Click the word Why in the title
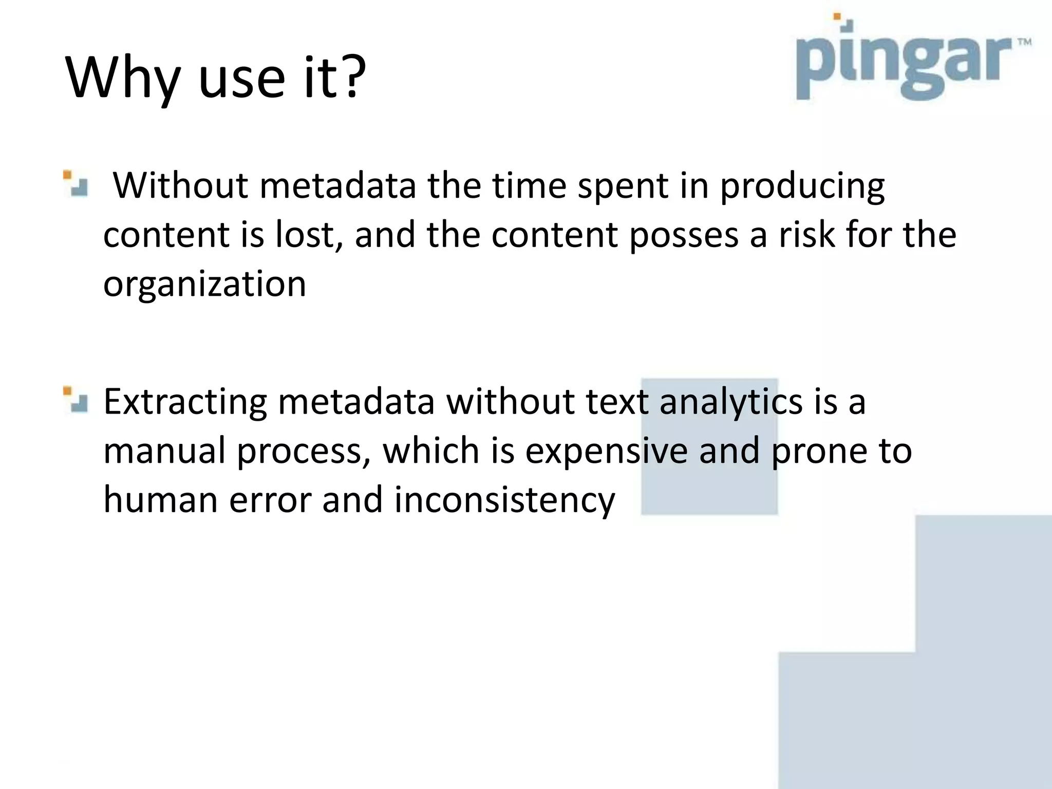click(123, 78)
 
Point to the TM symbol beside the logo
click(1024, 43)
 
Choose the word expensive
click(606, 450)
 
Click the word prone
click(812, 450)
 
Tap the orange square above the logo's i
click(837, 16)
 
